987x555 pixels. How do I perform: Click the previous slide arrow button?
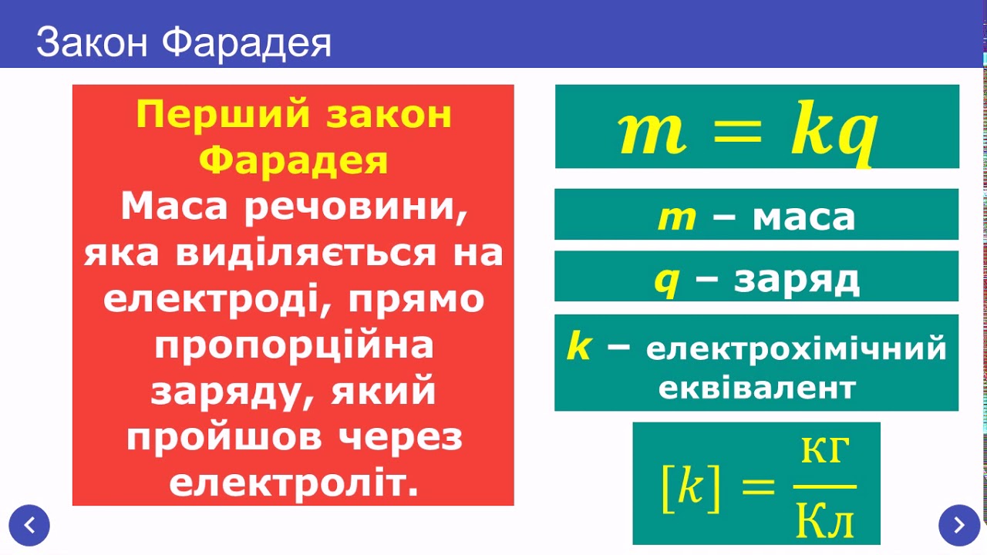pos(30,526)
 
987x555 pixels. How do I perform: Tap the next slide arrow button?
pos(958,526)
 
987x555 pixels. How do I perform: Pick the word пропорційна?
pos(294,345)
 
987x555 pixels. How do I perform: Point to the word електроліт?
pos(294,483)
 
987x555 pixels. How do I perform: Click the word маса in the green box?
pos(803,218)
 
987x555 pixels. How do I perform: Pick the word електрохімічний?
pos(797,348)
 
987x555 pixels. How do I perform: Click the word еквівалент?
pos(756,388)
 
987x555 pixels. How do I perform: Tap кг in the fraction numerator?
pos(825,453)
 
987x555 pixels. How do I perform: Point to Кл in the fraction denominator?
pos(825,523)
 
